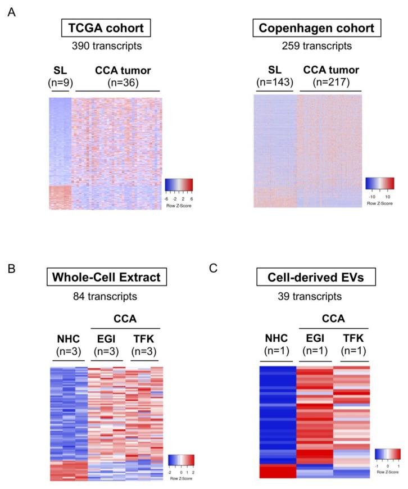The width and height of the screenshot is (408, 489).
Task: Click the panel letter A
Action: click(x=11, y=12)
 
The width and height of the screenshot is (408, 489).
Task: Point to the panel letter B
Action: click(x=11, y=269)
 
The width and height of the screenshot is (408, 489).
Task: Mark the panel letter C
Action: click(x=213, y=269)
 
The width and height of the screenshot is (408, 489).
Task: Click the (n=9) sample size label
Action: click(x=59, y=83)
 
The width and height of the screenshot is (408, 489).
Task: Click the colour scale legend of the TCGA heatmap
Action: click(x=179, y=188)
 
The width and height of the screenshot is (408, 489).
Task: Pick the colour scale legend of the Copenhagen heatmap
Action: click(x=379, y=186)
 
